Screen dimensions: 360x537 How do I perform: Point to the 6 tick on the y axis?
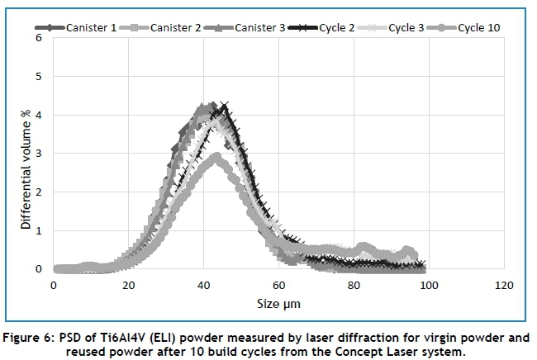(x=38, y=39)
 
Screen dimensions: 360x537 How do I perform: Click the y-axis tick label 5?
(x=38, y=77)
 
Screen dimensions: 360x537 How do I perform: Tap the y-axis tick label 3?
(x=38, y=154)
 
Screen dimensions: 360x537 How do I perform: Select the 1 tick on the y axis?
(x=38, y=230)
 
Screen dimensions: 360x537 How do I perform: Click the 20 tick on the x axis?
(x=128, y=285)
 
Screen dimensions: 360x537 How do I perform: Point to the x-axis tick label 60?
(x=278, y=285)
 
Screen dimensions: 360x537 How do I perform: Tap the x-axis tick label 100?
(x=427, y=285)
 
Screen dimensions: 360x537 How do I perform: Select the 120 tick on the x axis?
(x=502, y=285)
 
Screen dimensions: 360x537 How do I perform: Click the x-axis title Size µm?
(x=278, y=304)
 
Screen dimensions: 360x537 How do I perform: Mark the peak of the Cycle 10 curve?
(x=216, y=156)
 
